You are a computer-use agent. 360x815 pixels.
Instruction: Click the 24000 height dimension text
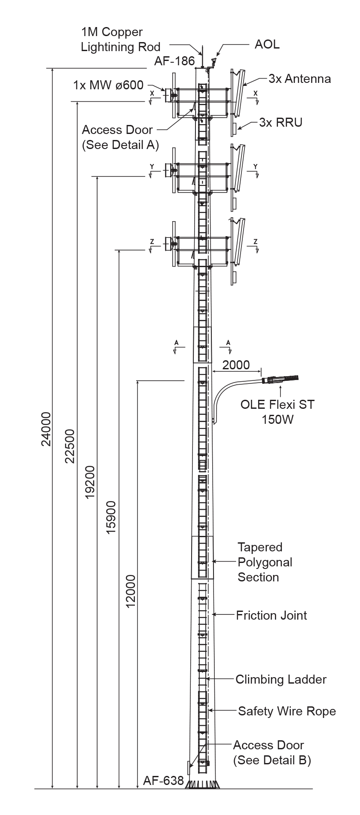[46, 429]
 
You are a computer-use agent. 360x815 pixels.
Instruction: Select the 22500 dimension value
[70, 446]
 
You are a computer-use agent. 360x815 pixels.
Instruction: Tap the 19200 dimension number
[90, 482]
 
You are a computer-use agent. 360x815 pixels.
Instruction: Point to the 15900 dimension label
[111, 517]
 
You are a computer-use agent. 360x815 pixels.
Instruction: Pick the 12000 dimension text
[131, 591]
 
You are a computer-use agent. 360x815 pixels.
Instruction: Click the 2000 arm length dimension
[236, 365]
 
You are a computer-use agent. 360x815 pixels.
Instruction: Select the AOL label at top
[267, 45]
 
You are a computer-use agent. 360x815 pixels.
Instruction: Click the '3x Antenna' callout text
[300, 79]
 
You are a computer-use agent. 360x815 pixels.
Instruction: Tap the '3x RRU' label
[281, 122]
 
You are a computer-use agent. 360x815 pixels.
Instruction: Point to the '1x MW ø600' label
[108, 85]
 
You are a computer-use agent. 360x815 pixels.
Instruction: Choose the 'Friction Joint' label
[272, 615]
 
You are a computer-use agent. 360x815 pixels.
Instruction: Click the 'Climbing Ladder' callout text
[281, 679]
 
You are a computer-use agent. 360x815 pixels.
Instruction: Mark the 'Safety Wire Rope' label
[287, 711]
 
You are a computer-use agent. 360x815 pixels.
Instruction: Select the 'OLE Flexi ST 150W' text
[278, 411]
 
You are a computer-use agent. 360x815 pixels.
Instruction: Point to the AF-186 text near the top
[174, 61]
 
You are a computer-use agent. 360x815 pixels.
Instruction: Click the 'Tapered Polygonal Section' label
[265, 562]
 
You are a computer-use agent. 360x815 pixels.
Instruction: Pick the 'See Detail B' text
[272, 760]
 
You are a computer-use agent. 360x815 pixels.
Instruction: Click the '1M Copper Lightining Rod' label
[120, 40]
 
